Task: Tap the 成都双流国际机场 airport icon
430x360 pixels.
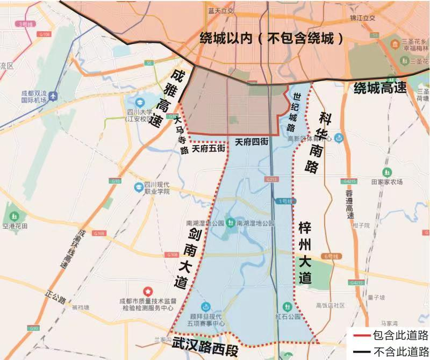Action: tap(53, 96)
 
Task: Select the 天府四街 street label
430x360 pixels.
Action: tap(251, 142)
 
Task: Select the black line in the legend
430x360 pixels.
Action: tap(359, 351)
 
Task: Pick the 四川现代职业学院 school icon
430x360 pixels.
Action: tap(139, 186)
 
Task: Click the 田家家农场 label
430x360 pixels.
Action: tap(387, 182)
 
